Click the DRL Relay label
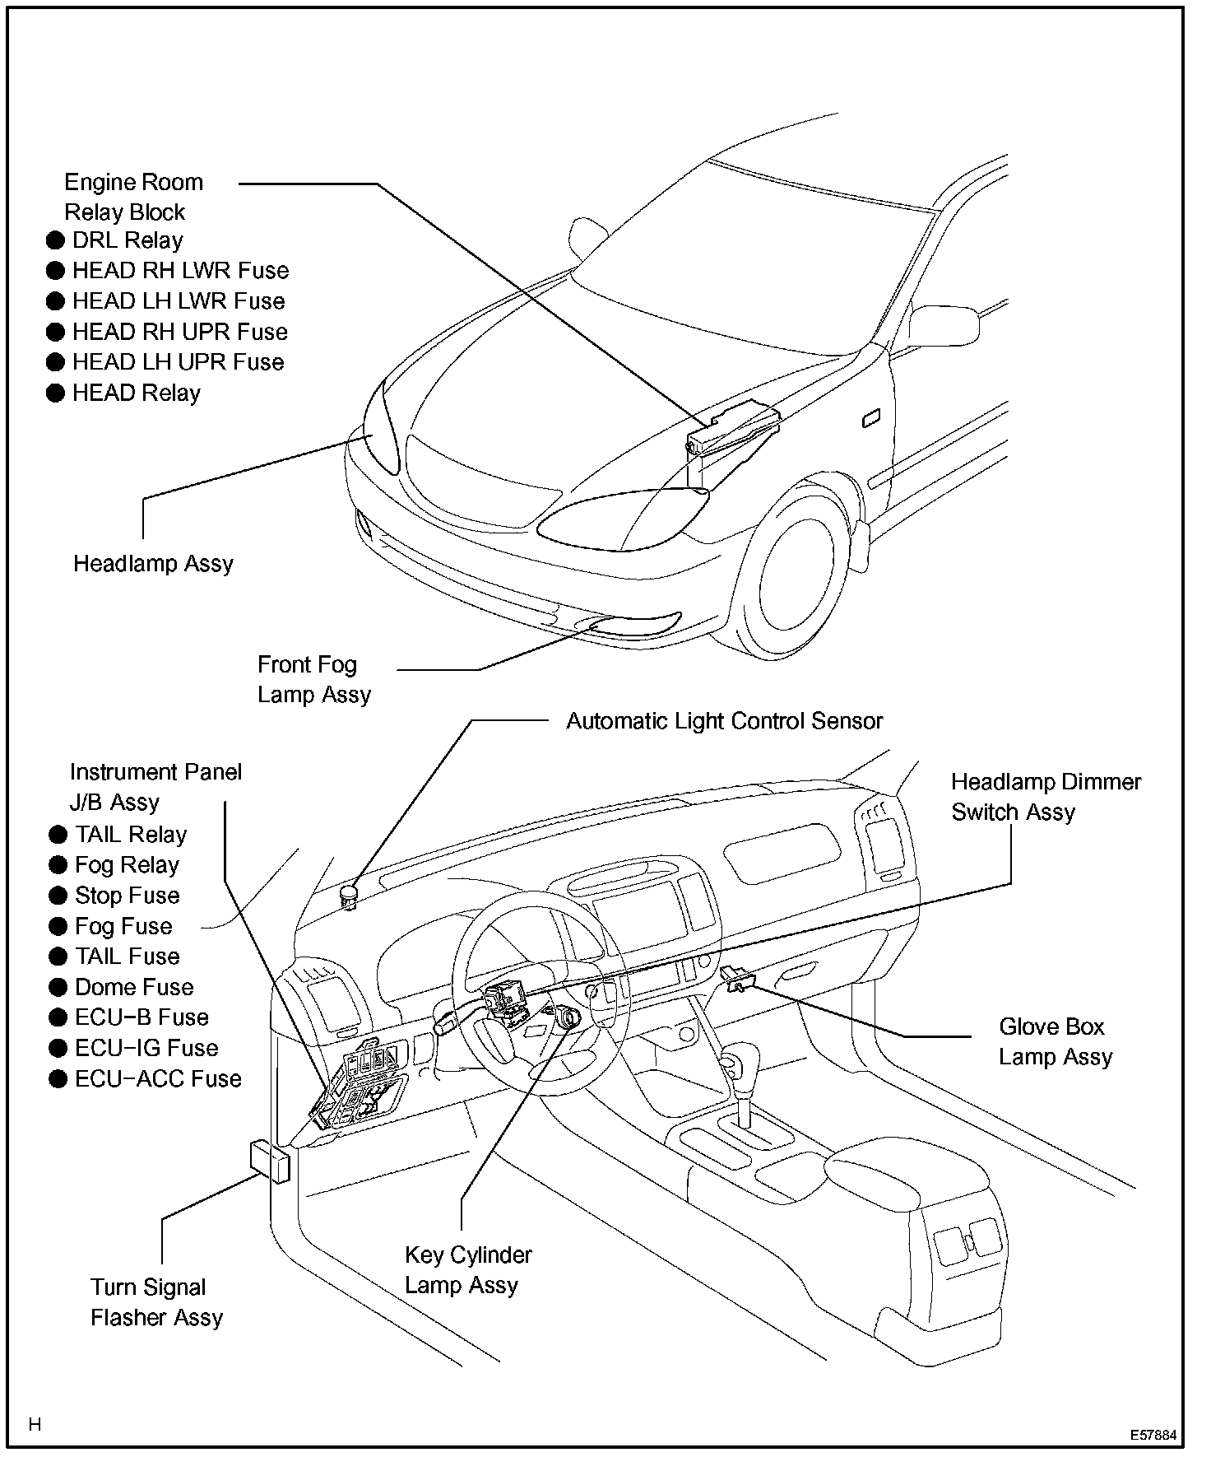(128, 240)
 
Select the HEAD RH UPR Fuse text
(179, 332)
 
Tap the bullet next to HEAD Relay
(55, 393)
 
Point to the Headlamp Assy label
(153, 564)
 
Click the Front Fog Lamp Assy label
(313, 679)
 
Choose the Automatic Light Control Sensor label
(724, 721)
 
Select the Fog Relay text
(127, 865)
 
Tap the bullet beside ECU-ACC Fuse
(58, 1079)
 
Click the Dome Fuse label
(134, 987)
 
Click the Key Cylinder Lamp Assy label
(467, 1270)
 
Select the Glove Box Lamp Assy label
(1055, 1041)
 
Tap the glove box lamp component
(739, 979)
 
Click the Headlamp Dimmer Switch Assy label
(1046, 797)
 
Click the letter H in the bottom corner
(35, 1424)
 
